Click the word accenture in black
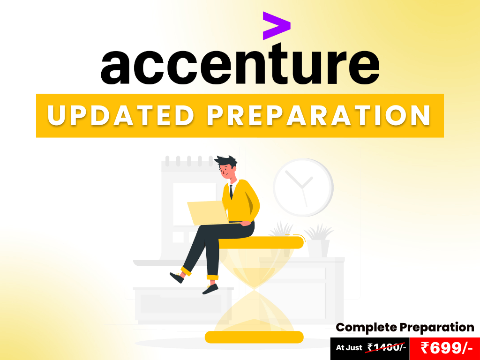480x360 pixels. [x=240, y=64]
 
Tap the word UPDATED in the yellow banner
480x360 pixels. [x=120, y=115]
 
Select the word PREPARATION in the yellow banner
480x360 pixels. [x=319, y=115]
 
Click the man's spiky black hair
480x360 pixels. [x=226, y=161]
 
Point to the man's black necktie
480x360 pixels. [x=231, y=192]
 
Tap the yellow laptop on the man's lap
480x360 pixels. [x=208, y=213]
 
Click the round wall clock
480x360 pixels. [x=303, y=187]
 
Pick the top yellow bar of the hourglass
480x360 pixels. [x=260, y=242]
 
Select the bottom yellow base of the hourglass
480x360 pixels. [x=254, y=337]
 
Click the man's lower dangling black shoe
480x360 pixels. [x=210, y=289]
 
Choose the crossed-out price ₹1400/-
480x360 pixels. [x=387, y=347]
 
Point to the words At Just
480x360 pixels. [x=349, y=348]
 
